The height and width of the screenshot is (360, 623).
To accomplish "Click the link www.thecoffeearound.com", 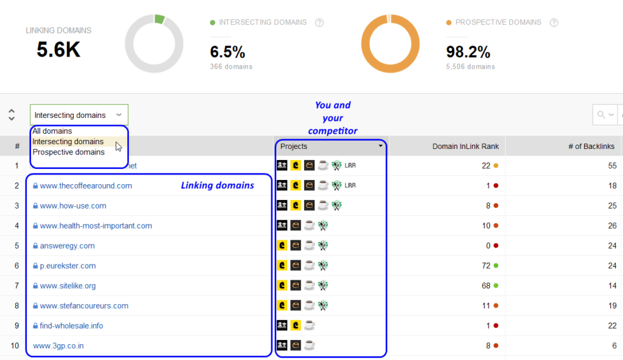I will tap(86, 185).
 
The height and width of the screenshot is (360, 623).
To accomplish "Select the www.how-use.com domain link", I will tap(73, 206).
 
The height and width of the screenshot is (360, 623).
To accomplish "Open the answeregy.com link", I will tap(67, 246).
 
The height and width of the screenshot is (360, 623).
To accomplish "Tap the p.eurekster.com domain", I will tap(68, 266).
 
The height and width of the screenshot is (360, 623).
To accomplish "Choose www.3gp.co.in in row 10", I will tap(58, 346).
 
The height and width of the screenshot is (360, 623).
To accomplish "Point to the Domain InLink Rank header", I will tap(465, 146).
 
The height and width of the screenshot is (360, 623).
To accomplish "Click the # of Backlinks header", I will tap(591, 146).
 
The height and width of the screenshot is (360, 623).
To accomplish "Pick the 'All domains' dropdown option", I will tap(52, 131).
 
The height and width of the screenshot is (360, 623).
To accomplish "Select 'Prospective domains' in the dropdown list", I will tap(68, 152).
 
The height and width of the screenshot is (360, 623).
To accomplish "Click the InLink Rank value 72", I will tap(486, 266).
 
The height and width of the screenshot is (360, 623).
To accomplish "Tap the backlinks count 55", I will tap(611, 165).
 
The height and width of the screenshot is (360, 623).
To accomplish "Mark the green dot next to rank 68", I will tap(496, 286).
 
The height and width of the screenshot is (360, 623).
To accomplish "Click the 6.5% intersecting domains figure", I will tap(228, 52).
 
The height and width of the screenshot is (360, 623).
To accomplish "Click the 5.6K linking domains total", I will tap(58, 50).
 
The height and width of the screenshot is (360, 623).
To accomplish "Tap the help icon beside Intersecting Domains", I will tap(319, 22).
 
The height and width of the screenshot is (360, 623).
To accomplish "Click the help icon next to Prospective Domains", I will tap(554, 22).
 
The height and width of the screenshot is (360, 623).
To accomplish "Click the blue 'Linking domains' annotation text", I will tap(217, 185).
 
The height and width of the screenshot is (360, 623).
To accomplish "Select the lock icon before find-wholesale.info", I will tap(35, 326).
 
